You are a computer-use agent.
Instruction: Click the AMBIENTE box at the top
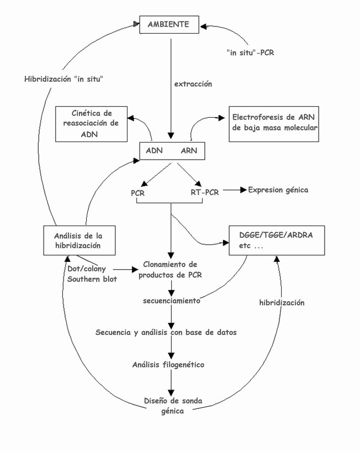pos(169,24)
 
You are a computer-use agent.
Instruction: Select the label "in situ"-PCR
pos(250,52)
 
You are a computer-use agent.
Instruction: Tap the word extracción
pos(193,84)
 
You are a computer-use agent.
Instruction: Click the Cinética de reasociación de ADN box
pos(91,124)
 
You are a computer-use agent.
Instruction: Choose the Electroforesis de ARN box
pos(274,124)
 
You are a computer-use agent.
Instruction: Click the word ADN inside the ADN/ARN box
pos(154,150)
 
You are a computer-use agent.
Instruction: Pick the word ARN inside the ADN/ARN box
pos(189,150)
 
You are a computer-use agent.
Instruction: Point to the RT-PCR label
pos(204,192)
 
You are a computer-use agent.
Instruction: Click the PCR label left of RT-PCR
pos(137,193)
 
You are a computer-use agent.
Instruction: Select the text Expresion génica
pos(278,190)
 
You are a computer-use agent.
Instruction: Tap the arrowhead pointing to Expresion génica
pos(243,190)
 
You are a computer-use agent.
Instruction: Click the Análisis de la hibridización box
pos(80,240)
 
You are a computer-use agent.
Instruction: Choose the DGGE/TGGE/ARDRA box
pos(277,240)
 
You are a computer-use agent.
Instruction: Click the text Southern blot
pos(92,279)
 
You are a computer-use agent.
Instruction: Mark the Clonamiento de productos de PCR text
pos(170,270)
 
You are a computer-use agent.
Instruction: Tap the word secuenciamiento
pos(172,301)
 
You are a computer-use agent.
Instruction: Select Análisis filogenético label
pos(168,365)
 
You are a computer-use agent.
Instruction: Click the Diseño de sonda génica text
pos(173,406)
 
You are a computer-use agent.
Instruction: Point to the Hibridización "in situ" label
pos(63,79)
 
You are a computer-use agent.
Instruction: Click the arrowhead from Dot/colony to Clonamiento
pos(135,270)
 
